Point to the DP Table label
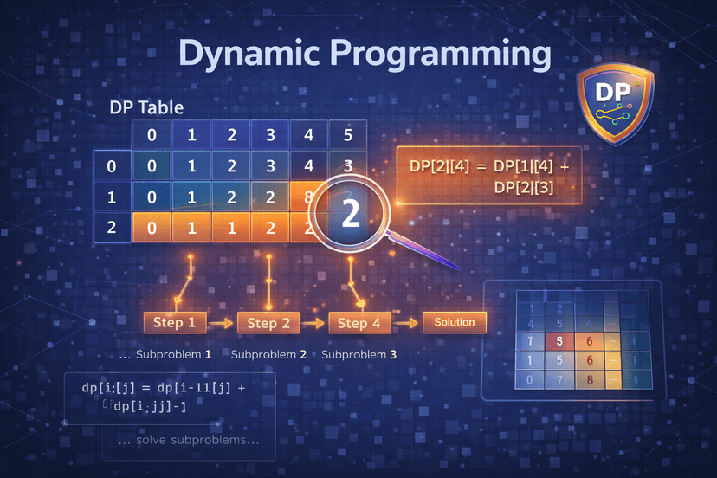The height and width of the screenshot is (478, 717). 146,109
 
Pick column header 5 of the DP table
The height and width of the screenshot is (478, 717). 347,136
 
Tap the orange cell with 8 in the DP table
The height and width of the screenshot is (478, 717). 307,197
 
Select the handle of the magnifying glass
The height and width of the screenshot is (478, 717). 425,253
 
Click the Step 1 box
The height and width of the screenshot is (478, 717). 175,323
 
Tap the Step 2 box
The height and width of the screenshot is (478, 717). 268,323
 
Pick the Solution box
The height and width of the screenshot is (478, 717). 455,323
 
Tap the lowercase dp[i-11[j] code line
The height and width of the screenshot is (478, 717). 165,388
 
